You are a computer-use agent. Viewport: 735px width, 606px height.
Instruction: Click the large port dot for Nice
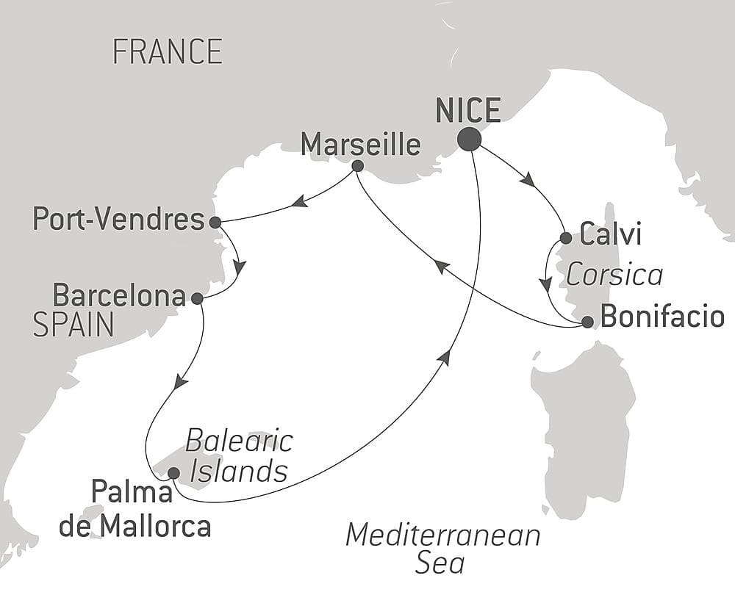coord(469,139)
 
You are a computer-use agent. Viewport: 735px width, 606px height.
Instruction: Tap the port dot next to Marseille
coord(357,166)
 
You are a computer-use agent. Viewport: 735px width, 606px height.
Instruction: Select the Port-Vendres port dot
coord(215,222)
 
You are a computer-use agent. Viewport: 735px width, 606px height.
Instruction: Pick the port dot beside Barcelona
coord(197,298)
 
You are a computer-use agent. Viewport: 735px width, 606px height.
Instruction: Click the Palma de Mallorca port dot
coord(173,473)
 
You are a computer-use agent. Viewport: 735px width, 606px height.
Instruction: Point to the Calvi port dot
coord(566,238)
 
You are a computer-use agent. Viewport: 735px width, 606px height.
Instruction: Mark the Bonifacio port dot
coord(587,321)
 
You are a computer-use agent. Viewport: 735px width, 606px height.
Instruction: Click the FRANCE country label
coord(168,52)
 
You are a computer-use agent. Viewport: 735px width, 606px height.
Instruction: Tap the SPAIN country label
coord(73,325)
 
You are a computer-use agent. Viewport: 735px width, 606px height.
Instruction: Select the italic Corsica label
coord(614,275)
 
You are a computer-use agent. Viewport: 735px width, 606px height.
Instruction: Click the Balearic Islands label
coord(239,456)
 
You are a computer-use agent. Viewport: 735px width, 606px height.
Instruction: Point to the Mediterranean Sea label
coord(442,548)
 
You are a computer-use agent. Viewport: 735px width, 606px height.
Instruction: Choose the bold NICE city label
coord(468,111)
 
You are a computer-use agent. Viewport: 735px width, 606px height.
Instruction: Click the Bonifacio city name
coord(662,317)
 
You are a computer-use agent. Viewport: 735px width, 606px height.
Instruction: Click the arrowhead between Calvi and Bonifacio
coord(545,284)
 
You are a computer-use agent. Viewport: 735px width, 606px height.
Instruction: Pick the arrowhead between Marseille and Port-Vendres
coord(298,201)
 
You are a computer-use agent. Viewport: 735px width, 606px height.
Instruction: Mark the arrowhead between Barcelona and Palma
coord(179,382)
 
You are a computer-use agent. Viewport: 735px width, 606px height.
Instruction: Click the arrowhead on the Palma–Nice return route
coord(444,357)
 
